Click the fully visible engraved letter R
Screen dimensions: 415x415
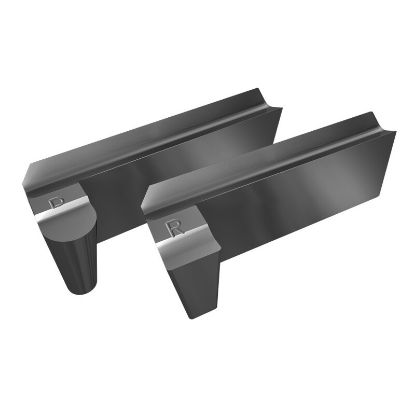(175, 227)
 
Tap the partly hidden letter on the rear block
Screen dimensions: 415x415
(57, 203)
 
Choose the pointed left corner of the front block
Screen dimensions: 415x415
(144, 208)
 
